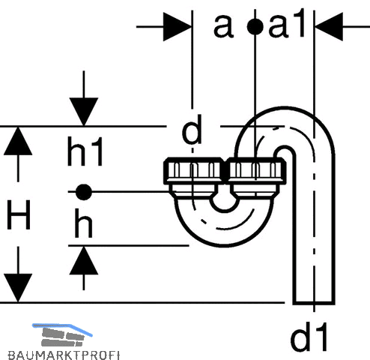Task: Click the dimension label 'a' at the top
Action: pos(223,26)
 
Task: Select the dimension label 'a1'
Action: pos(287,25)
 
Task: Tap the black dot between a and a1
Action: pos(255,27)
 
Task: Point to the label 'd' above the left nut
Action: pos(192,129)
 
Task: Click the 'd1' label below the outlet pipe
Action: pos(309,337)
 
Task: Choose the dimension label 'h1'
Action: pos(85,151)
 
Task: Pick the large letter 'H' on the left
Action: pos(19,214)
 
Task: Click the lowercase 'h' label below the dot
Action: pos(83,223)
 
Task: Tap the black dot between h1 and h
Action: pos(84,192)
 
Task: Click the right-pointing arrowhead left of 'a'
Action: pos(178,27)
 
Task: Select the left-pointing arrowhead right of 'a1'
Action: pos(329,27)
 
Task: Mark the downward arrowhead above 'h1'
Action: pos(84,112)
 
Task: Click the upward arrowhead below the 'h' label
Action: pos(84,260)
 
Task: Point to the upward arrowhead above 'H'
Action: pos(18,141)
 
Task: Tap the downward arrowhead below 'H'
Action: pos(18,288)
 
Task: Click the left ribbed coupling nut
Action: pos(193,171)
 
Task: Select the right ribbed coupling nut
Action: pos(256,171)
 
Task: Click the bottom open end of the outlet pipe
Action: pos(314,304)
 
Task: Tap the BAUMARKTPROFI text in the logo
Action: pos(64,355)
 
